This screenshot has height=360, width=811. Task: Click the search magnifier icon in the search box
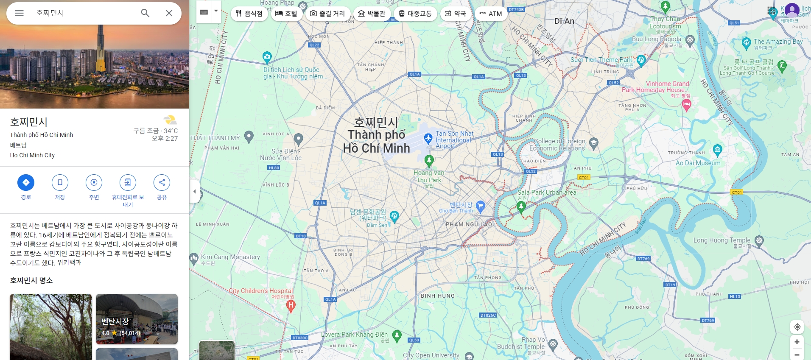[145, 13]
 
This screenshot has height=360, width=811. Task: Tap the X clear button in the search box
[169, 13]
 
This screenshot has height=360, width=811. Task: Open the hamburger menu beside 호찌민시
[19, 13]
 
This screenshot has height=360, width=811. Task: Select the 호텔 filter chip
[286, 14]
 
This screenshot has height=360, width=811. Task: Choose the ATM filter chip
[491, 14]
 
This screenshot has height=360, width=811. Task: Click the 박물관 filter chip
[372, 14]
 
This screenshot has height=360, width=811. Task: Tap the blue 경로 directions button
[26, 182]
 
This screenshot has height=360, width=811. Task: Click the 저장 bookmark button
[60, 182]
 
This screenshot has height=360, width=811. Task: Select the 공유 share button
[162, 182]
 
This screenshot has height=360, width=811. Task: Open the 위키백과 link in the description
[69, 263]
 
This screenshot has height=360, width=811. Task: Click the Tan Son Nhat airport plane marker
[428, 138]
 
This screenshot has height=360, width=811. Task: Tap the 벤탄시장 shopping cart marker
[480, 206]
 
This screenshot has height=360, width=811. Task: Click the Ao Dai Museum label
[698, 163]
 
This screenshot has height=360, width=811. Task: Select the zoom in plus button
[797, 342]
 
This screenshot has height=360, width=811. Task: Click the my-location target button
[797, 327]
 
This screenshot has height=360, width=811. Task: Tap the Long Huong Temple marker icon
[759, 241]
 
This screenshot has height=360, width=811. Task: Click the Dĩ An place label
[564, 21]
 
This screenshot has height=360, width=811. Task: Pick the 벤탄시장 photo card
[137, 319]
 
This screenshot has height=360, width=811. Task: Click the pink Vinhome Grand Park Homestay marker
[686, 104]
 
